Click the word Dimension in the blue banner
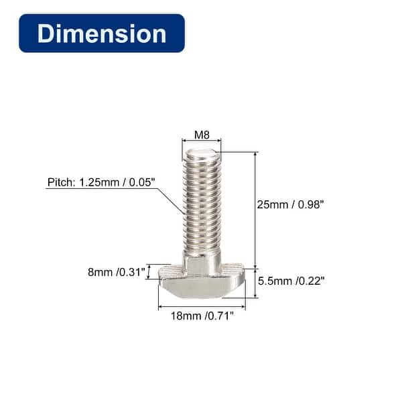coord(102,33)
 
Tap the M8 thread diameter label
coord(202,135)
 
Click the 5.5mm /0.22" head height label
coord(292,281)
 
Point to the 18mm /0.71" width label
coord(202,316)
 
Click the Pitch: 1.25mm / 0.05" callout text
coord(100,182)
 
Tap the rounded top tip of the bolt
coord(202,155)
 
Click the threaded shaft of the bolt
coord(202,208)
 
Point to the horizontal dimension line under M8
coord(202,141)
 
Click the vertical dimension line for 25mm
coord(255,208)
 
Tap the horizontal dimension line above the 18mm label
coord(202,308)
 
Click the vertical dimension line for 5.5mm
coord(255,282)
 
